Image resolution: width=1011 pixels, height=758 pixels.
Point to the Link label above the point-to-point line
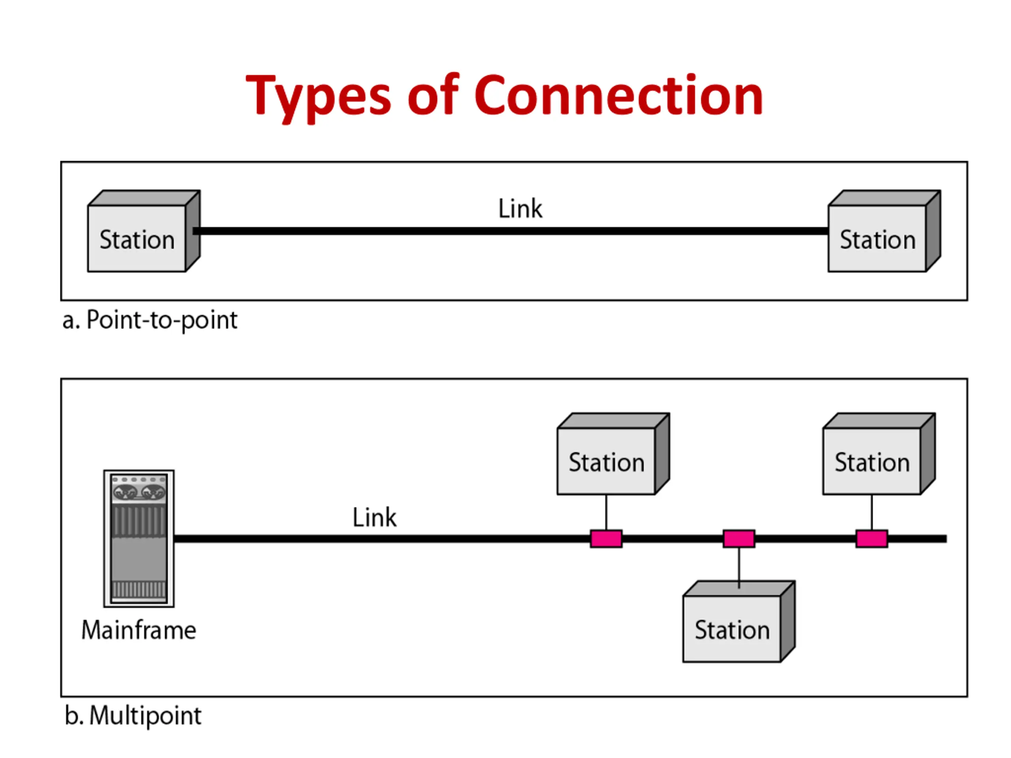coord(520,209)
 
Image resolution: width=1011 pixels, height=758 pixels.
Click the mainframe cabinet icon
coord(139,538)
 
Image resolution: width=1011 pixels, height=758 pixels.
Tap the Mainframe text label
coord(139,630)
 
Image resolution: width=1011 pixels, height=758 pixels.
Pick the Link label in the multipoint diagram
coord(374,518)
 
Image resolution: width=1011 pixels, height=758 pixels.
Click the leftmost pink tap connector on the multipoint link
coord(606,538)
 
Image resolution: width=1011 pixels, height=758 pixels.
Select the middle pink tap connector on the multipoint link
coord(739,538)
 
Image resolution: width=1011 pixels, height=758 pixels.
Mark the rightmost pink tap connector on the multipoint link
coord(872,538)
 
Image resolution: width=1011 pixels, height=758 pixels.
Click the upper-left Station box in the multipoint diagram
coord(613,454)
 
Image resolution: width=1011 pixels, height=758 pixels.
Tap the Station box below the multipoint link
coord(739,621)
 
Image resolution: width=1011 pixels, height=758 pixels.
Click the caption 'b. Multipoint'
coord(133,715)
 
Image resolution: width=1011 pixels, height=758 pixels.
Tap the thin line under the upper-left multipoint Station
coord(606,512)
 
